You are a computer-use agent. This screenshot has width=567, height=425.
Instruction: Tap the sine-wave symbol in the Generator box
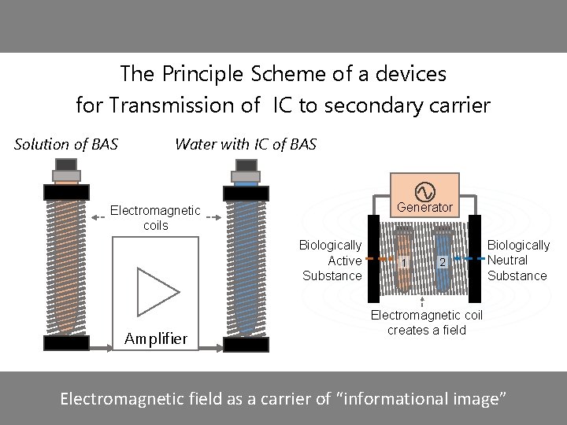click(x=424, y=190)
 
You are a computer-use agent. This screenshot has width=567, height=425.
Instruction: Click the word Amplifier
click(x=157, y=338)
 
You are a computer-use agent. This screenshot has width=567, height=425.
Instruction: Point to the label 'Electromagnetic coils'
click(x=155, y=218)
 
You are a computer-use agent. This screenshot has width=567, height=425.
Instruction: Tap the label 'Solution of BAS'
click(x=66, y=144)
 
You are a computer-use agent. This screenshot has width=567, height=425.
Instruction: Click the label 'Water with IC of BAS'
click(x=246, y=144)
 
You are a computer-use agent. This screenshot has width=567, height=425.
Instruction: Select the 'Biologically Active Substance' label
click(x=332, y=261)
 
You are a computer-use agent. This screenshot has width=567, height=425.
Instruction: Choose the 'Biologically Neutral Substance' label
click(x=518, y=261)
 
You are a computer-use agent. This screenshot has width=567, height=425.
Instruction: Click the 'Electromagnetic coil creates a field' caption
click(x=427, y=323)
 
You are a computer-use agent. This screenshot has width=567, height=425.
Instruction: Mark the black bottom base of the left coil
click(x=66, y=343)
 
